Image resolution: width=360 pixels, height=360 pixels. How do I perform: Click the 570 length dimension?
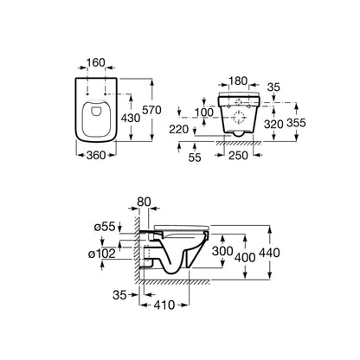(151, 110)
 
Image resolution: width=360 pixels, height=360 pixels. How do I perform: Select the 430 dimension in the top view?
(131, 118)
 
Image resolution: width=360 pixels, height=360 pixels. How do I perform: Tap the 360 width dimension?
(96, 155)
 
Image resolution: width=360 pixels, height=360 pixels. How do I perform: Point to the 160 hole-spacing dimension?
(96, 62)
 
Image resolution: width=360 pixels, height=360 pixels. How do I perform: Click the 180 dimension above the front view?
(238, 81)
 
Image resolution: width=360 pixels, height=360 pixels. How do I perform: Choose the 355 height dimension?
(296, 123)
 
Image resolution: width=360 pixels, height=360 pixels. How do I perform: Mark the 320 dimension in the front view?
(273, 124)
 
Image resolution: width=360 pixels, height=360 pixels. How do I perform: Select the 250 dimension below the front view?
(238, 156)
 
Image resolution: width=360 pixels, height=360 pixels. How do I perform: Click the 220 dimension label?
(179, 130)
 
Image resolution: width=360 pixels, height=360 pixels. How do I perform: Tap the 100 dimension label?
(204, 112)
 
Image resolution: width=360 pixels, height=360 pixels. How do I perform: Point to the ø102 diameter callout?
(102, 254)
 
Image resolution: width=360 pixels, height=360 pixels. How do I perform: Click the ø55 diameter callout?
(105, 227)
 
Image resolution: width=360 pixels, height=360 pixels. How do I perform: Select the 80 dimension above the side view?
(144, 202)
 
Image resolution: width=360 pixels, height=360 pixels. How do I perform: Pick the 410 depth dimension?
(164, 305)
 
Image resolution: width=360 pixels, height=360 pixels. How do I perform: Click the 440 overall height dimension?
(269, 253)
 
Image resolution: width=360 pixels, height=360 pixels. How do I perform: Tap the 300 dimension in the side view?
(222, 251)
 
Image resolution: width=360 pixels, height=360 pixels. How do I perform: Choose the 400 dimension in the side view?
(245, 257)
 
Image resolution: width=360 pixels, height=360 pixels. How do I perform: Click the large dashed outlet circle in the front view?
(239, 118)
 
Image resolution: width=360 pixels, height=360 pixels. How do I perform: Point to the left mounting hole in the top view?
(87, 94)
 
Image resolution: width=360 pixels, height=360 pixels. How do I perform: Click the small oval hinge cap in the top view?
(95, 110)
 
